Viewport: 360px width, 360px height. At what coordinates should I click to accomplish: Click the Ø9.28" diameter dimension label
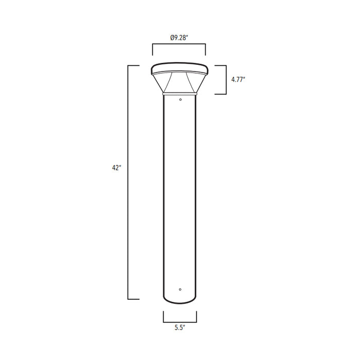pos(178,37)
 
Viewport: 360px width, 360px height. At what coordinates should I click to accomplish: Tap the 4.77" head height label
pos(239,80)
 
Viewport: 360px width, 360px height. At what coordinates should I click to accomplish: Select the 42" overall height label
pos(116,168)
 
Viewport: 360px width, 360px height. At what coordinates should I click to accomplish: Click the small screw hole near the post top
pos(179,99)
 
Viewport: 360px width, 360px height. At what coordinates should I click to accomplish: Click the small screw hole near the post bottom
pos(179,289)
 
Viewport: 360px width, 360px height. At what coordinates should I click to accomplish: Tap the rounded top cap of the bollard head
pos(179,68)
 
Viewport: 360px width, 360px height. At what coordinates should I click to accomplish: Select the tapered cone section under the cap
pos(179,82)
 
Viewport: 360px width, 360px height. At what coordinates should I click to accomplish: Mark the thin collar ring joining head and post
pos(179,94)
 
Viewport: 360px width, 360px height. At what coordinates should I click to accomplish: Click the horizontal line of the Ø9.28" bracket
pos(179,45)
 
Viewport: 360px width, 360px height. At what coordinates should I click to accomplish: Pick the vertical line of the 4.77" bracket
pos(226,80)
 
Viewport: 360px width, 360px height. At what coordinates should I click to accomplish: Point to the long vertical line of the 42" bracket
pos(128,182)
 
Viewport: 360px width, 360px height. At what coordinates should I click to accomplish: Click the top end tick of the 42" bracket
pos(134,66)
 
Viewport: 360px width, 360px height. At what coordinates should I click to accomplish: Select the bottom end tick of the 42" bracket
pos(134,299)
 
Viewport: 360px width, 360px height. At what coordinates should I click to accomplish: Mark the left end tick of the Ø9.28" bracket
pos(152,50)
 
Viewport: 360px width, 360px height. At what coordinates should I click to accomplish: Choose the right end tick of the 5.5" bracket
pos(196,316)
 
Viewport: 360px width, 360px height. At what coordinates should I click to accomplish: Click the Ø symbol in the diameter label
pos(171,37)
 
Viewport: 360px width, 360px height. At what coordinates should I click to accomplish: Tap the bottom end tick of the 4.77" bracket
pos(221,94)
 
